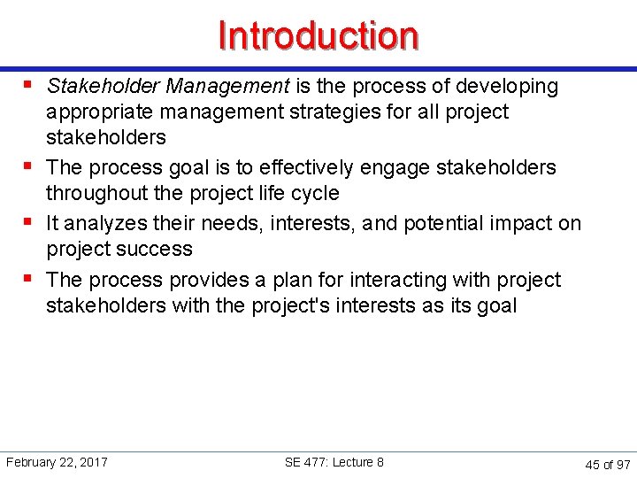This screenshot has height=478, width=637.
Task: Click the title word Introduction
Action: (318, 36)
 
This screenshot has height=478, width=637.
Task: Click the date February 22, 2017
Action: (57, 462)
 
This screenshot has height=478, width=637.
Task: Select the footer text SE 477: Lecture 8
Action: (334, 462)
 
